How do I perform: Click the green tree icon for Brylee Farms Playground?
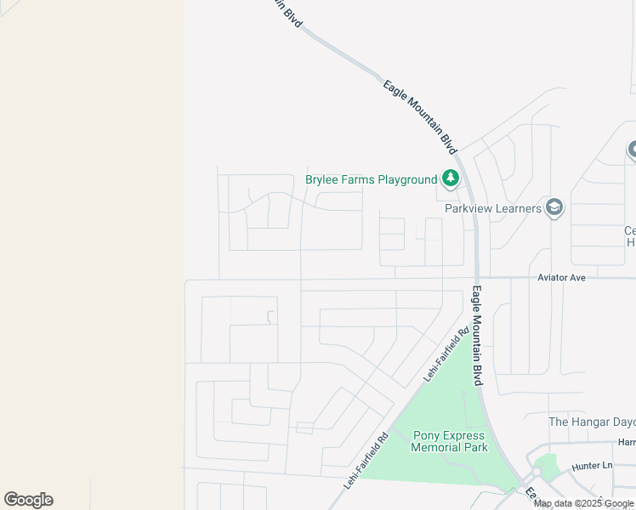451,178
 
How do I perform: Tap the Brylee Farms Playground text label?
371,179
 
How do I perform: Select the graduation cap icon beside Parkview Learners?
554,207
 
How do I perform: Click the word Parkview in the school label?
470,208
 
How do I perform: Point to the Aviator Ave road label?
562,277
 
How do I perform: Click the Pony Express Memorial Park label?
450,441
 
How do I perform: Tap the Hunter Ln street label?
592,466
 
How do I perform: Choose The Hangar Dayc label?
592,422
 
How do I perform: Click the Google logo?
28,500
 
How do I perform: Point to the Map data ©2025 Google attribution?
583,503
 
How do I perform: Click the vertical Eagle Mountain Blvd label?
478,336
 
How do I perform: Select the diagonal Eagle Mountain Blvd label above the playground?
418,116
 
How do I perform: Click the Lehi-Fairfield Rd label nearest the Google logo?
366,460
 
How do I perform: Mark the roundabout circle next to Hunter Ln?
536,472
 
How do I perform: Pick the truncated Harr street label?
627,442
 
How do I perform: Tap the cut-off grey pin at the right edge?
632,150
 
